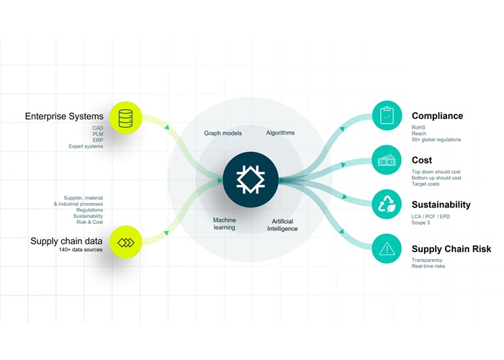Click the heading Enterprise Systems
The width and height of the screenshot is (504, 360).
[64, 116]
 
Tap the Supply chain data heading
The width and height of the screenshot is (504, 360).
[65, 240]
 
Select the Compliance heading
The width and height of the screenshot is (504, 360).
[437, 116]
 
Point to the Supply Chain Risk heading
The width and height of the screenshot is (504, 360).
[451, 249]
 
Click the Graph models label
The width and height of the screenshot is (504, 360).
[223, 133]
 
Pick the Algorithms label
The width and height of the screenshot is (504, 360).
[280, 133]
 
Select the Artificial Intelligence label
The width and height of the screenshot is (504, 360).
[284, 225]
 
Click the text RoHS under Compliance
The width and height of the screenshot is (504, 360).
[419, 127]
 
